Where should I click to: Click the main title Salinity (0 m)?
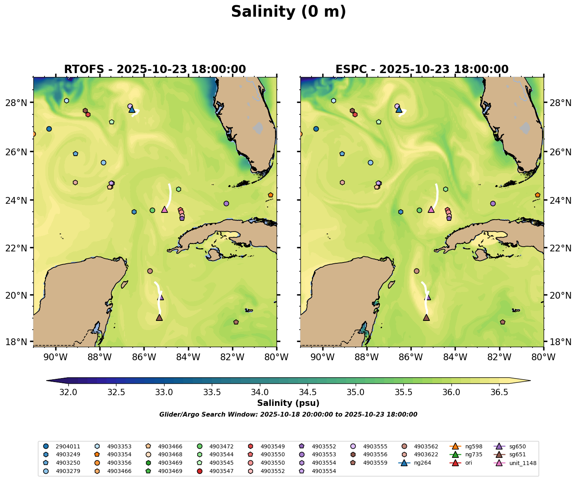click(288, 12)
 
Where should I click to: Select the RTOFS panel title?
click(155, 70)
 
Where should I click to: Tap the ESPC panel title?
click(422, 70)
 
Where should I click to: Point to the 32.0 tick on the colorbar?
click(68, 392)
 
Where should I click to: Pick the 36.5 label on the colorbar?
click(499, 392)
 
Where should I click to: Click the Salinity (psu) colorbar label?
click(288, 404)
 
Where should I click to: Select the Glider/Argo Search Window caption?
click(288, 415)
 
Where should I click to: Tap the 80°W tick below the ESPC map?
click(543, 357)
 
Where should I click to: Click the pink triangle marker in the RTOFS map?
click(165, 209)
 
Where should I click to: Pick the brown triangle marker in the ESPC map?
click(426, 318)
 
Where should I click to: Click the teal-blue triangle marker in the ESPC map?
click(399, 110)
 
